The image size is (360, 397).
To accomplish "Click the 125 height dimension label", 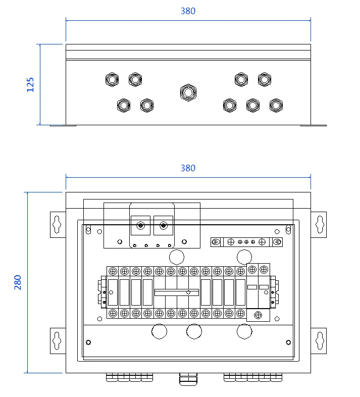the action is click(x=30, y=84).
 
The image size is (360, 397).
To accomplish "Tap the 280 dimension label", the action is click(x=18, y=282).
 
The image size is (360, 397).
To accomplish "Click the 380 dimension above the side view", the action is click(x=188, y=11).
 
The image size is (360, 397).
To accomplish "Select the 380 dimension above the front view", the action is click(x=188, y=168).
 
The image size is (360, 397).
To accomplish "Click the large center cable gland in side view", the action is click(x=188, y=92).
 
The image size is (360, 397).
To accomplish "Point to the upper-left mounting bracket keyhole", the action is click(x=57, y=224).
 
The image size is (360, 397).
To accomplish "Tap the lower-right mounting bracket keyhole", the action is click(x=320, y=340).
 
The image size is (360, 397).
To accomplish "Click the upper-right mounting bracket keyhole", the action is click(x=320, y=224).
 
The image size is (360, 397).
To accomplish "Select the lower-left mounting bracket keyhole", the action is click(x=57, y=340).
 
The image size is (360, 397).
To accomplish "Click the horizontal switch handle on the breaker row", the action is click(x=177, y=292).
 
